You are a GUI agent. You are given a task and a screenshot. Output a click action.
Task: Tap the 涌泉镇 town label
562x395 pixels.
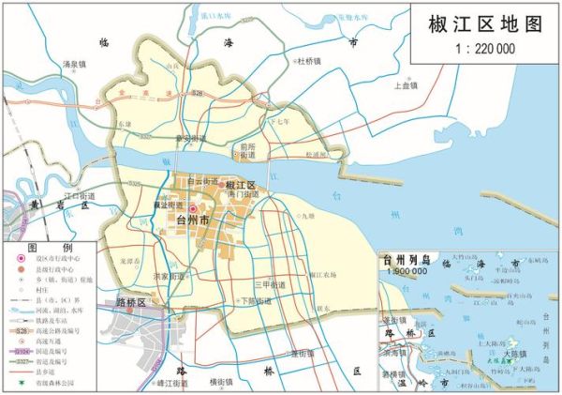pyautogui.click(x=74, y=65)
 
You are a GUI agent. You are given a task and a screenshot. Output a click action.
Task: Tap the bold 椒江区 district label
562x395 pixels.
pyautogui.click(x=241, y=185)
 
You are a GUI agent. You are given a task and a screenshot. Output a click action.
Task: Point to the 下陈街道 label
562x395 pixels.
pyautogui.click(x=256, y=301)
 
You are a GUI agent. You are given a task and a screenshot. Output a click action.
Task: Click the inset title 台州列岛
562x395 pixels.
pyautogui.click(x=403, y=258)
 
